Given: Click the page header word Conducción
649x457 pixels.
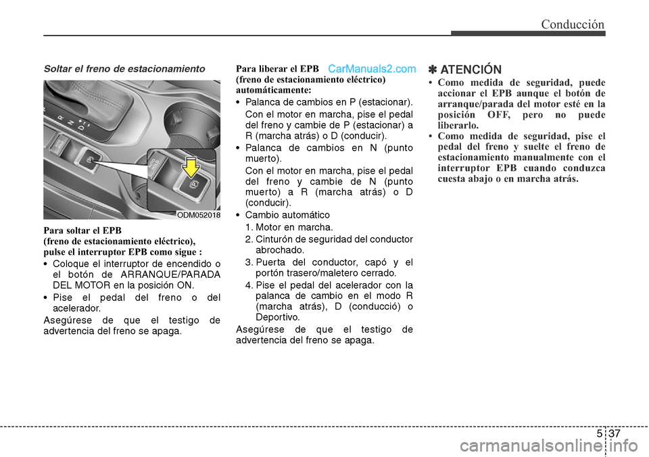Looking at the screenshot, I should [x=572, y=24].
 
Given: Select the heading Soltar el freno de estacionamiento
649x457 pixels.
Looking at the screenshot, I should [x=124, y=69].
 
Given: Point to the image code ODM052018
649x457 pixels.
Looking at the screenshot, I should [x=199, y=214].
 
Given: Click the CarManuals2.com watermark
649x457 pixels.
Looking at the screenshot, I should [x=372, y=69].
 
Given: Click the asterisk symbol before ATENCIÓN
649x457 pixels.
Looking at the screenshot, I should [x=433, y=70].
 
